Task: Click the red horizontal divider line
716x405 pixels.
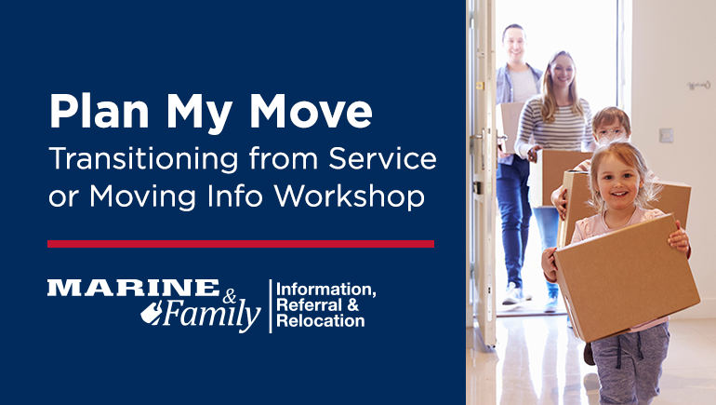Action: point(240,244)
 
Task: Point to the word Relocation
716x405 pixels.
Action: point(320,321)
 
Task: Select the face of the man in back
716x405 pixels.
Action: point(515,45)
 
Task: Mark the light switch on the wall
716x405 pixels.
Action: point(665,135)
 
